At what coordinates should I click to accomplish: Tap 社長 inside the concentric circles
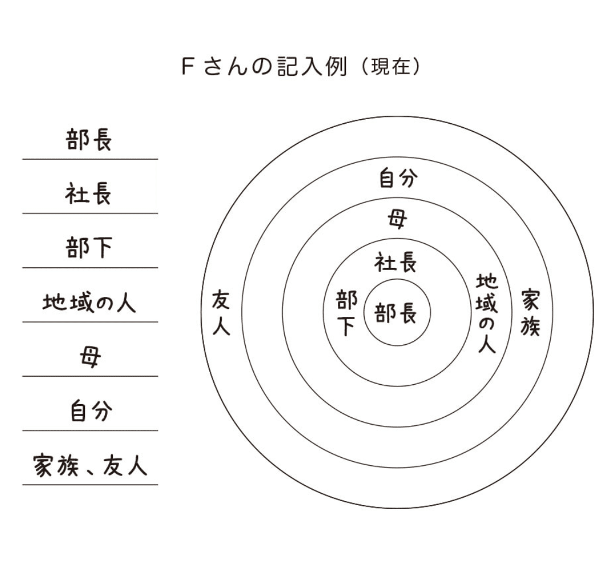pos(396,263)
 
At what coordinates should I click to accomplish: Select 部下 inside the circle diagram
pos(347,313)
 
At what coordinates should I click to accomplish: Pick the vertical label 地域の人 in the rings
pos(487,313)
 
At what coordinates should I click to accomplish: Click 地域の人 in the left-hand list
pos(90,303)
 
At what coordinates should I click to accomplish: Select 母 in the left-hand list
pos(90,358)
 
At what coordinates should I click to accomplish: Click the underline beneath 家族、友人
pos(90,485)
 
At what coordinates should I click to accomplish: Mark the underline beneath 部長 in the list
pos(90,159)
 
